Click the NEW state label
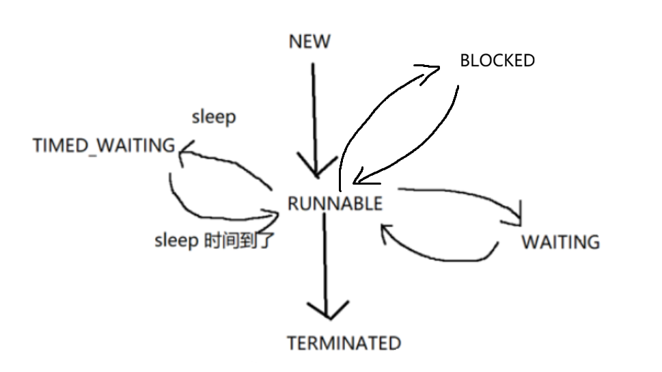(309, 42)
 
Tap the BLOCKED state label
(497, 60)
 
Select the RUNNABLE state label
(335, 203)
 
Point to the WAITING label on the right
(560, 242)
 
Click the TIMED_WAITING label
(104, 145)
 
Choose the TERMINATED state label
(344, 342)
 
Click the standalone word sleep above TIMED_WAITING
(214, 117)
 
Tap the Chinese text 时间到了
(239, 241)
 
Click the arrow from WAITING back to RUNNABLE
(444, 257)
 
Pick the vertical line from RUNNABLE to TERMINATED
(327, 260)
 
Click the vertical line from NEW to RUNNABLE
(314, 109)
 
